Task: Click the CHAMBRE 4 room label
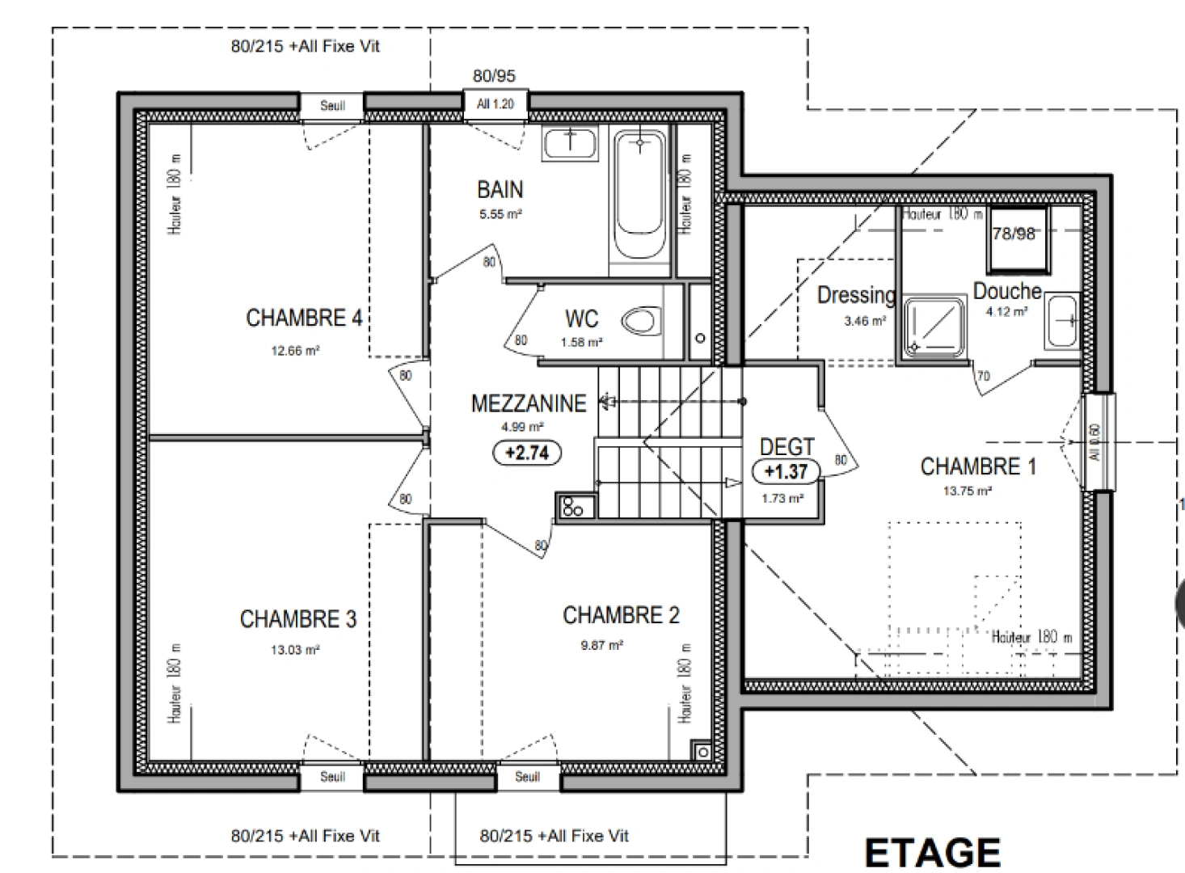tap(303, 318)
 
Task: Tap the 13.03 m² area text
tap(295, 650)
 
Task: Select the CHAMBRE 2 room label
tap(621, 615)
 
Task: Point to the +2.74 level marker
tap(527, 453)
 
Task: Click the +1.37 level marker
tap(786, 471)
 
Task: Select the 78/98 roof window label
tap(1014, 234)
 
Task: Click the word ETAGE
tap(932, 853)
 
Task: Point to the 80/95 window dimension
tap(494, 76)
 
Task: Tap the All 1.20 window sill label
tap(496, 104)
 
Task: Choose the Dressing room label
tap(856, 295)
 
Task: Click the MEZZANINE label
tap(529, 403)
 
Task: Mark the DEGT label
tap(786, 446)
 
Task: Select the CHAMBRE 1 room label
tap(978, 466)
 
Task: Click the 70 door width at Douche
tap(983, 376)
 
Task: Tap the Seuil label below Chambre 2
tap(527, 777)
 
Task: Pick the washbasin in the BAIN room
tap(569, 144)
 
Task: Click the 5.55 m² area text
tap(500, 214)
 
